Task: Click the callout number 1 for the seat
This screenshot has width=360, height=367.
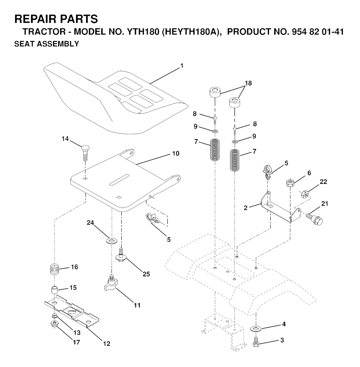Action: pos(182,66)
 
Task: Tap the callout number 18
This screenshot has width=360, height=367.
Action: pos(248,83)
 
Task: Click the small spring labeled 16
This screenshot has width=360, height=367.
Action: pos(55,270)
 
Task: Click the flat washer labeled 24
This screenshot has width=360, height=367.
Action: pos(112,240)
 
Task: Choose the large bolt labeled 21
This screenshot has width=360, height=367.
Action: pos(314,218)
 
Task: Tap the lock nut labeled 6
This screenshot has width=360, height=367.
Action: pos(290,182)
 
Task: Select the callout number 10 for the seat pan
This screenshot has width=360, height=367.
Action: pos(175,154)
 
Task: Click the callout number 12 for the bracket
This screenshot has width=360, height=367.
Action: pos(107,343)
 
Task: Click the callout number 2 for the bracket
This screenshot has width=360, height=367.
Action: pos(245,208)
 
